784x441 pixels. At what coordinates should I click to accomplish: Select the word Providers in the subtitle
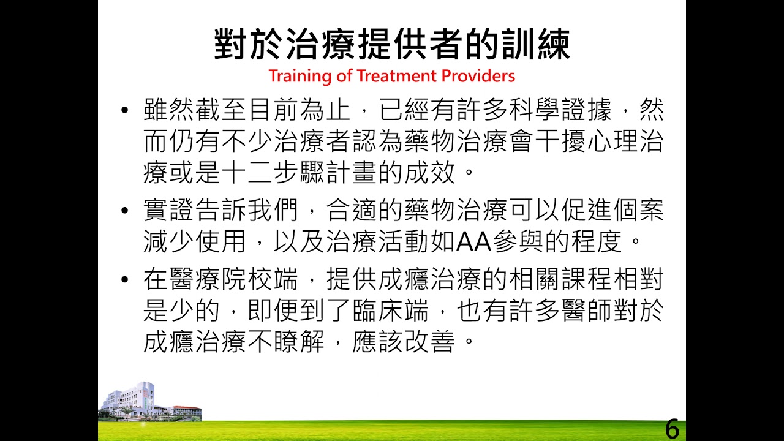point(478,76)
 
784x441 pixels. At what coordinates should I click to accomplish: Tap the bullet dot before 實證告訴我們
point(126,211)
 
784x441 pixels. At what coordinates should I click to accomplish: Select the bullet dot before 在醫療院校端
point(126,280)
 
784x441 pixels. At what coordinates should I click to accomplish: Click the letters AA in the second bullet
point(475,243)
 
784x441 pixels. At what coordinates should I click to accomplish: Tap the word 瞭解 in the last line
point(300,342)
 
